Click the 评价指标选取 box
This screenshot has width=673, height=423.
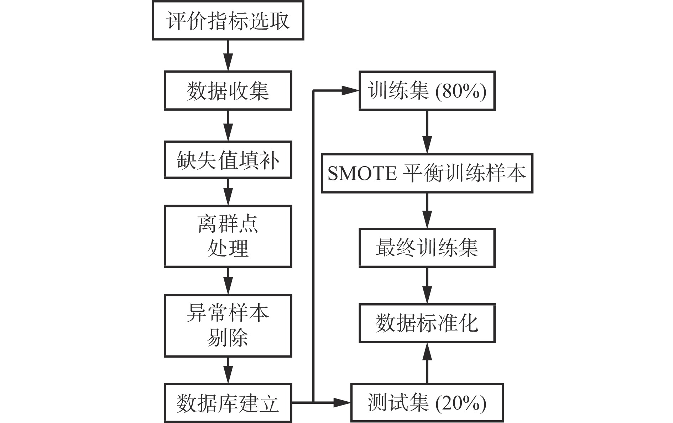pos(228,20)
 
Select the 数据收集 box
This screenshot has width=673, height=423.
pos(228,91)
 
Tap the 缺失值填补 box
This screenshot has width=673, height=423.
pos(228,160)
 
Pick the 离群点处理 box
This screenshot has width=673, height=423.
pos(228,236)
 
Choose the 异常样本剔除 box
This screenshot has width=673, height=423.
pos(228,326)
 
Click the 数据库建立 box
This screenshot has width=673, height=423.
pos(228,403)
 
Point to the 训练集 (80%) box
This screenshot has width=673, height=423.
pos(427,91)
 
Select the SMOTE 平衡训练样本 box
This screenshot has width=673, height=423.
pos(427,173)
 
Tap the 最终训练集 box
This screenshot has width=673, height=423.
pos(427,248)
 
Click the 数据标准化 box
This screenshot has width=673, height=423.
pos(427,323)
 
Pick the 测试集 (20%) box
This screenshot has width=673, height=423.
pos(427,403)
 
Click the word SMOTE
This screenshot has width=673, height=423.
pos(362,174)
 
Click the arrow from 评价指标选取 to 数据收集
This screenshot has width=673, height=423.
pos(228,55)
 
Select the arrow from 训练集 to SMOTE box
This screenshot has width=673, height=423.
pos(427,132)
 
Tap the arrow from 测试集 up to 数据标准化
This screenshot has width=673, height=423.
pos(427,363)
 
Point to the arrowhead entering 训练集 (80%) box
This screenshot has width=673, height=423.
pos(350,91)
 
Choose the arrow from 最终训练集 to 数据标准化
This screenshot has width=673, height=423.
pos(427,285)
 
